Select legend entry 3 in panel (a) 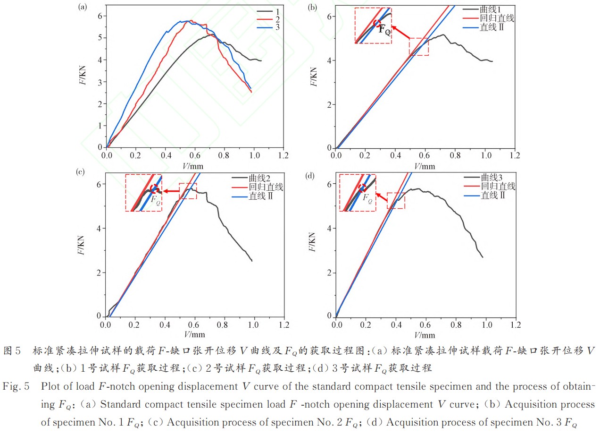click(277, 27)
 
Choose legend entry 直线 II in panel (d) click(492, 195)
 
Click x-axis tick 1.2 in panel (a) click(283, 155)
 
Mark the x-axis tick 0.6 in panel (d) click(425, 325)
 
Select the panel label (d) click(310, 176)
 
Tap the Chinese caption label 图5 click(12, 351)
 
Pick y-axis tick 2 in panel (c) click(99, 273)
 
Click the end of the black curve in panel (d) click(482, 257)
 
